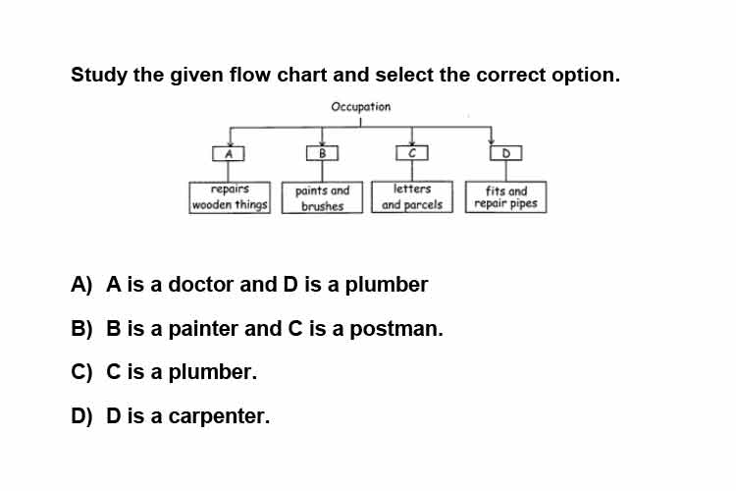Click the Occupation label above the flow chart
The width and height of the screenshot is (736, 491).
360,107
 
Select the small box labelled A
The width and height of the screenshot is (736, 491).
228,153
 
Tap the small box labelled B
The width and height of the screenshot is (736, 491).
322,153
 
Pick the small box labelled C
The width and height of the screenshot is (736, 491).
411,153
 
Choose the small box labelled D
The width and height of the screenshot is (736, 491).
505,153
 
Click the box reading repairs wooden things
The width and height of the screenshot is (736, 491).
230,197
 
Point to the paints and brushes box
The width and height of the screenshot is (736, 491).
322,197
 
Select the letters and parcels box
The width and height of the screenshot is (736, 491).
412,196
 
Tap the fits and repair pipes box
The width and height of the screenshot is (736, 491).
506,196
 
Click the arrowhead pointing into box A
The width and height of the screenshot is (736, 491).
230,143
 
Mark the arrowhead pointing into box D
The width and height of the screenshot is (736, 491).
491,142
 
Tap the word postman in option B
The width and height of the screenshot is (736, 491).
396,328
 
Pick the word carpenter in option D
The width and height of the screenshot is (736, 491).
219,416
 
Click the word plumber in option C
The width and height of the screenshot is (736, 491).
213,371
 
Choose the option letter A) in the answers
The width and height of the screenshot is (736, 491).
81,284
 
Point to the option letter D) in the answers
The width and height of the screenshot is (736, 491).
81,416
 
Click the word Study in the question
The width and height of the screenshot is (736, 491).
98,75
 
